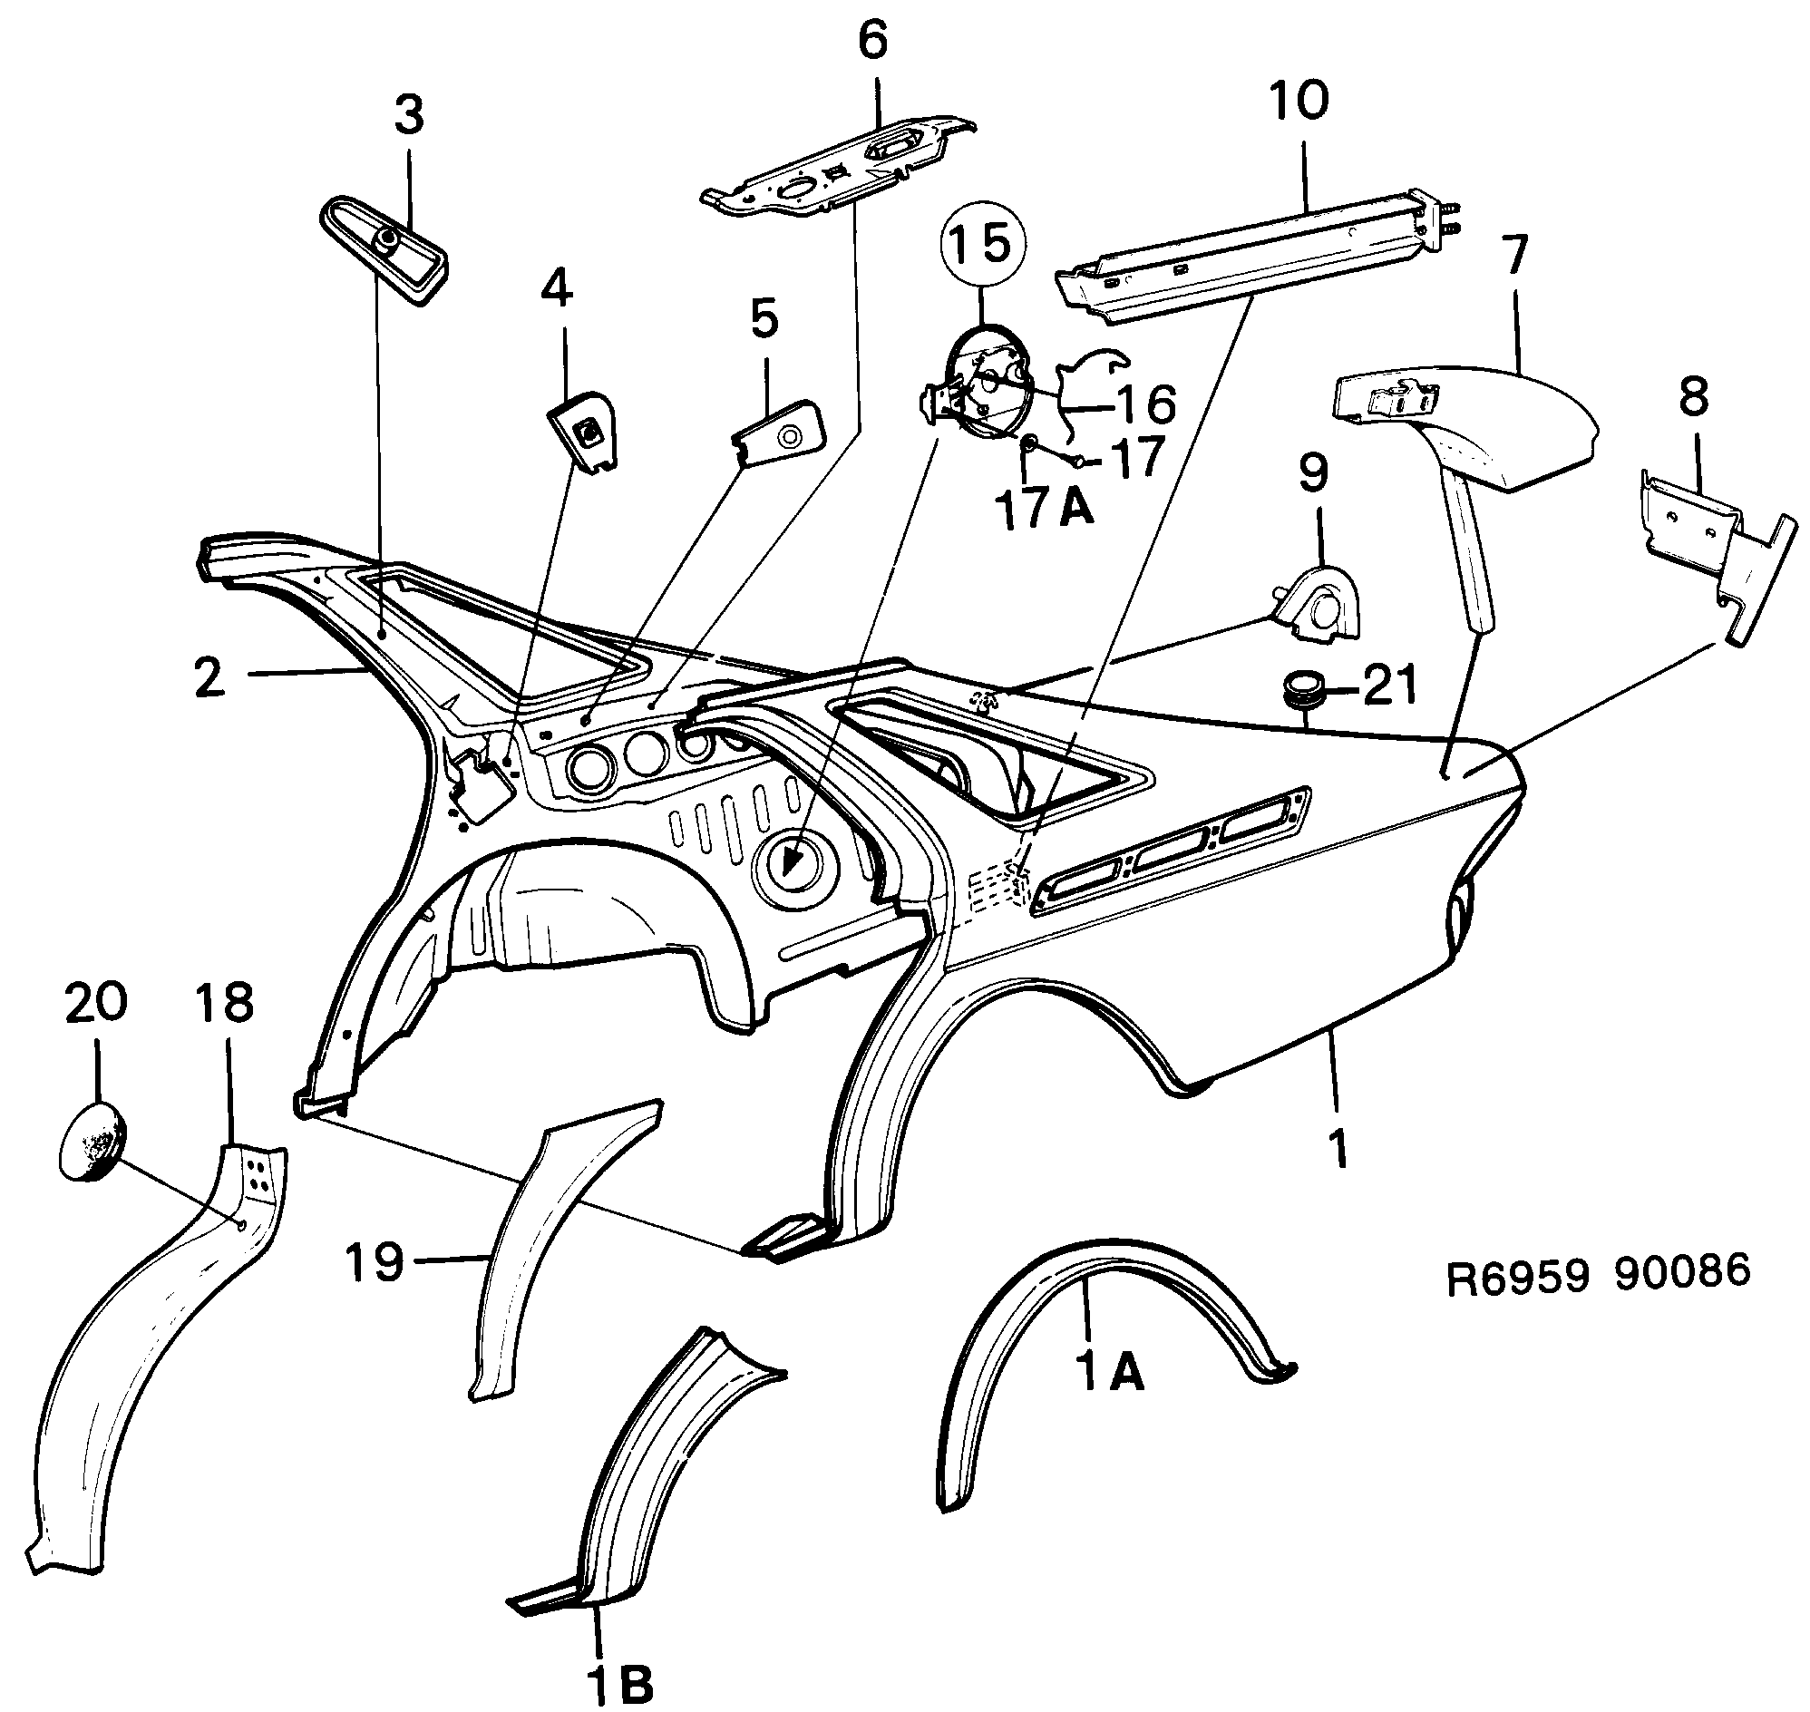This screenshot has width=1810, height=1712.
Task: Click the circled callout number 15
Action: pyautogui.click(x=983, y=245)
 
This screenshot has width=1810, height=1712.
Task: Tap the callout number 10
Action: pyautogui.click(x=1299, y=100)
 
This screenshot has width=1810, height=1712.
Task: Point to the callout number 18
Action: pyautogui.click(x=225, y=1002)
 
